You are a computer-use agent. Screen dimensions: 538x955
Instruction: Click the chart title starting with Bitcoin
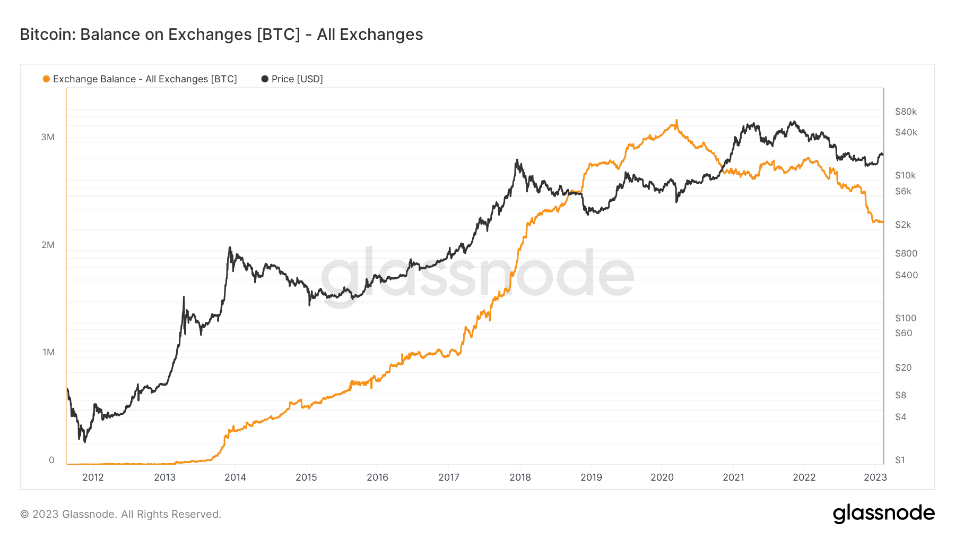[221, 35]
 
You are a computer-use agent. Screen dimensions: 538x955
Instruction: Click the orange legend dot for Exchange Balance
[46, 79]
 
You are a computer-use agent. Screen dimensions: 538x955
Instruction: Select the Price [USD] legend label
[297, 79]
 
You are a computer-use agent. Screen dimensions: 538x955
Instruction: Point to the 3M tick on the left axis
[48, 137]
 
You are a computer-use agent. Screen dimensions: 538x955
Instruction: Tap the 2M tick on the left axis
[48, 245]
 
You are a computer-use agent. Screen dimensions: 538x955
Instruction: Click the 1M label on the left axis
[48, 352]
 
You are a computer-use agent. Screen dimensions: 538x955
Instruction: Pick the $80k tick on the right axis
[906, 112]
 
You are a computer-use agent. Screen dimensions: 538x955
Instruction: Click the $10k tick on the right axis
[905, 175]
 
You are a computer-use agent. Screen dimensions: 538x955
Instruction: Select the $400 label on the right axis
[906, 275]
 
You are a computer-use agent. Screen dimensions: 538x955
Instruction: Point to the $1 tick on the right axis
[900, 460]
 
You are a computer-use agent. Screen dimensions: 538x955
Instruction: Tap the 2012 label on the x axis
[93, 477]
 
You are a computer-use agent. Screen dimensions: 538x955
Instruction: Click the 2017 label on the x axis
[449, 477]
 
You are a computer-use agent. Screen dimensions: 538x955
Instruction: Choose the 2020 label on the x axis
[662, 477]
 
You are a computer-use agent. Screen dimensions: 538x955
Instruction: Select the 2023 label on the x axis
[875, 477]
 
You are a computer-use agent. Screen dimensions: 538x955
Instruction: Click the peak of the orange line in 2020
[676, 121]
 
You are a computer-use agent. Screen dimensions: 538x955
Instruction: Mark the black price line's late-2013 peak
[230, 247]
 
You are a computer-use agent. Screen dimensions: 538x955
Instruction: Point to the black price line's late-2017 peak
[517, 160]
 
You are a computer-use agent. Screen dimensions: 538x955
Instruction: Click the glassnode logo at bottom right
[883, 514]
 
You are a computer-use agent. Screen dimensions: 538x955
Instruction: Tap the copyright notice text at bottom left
[120, 514]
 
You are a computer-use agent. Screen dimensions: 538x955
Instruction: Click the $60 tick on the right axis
[904, 333]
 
